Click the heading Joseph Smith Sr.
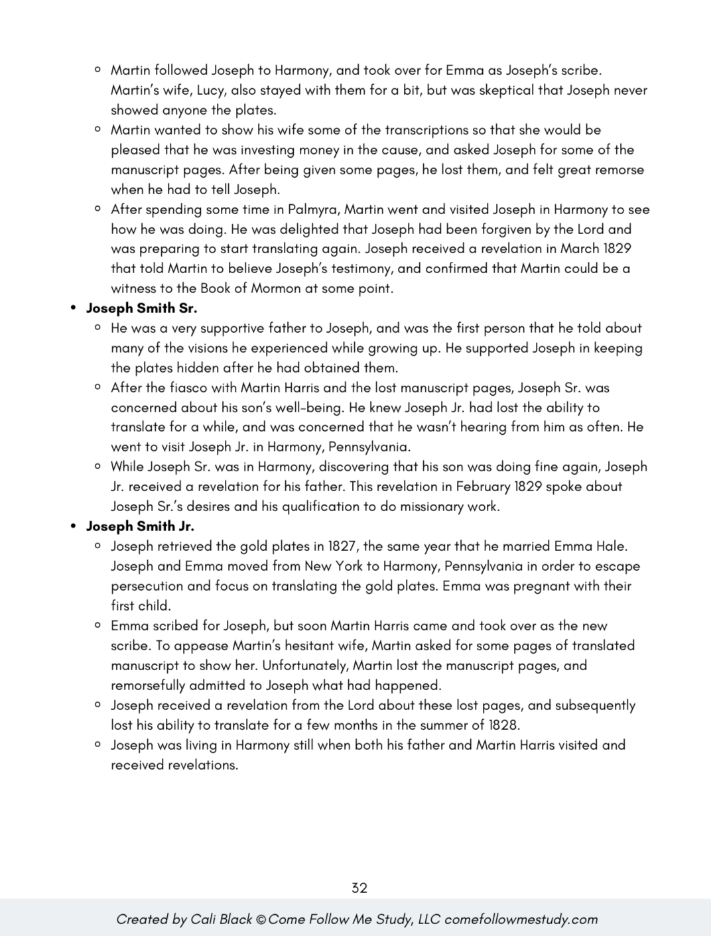coord(141,308)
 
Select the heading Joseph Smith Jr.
coord(140,526)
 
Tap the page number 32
coord(359,888)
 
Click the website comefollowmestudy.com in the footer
coord(521,919)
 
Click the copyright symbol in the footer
coord(261,919)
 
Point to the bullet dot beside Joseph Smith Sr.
coord(74,308)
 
